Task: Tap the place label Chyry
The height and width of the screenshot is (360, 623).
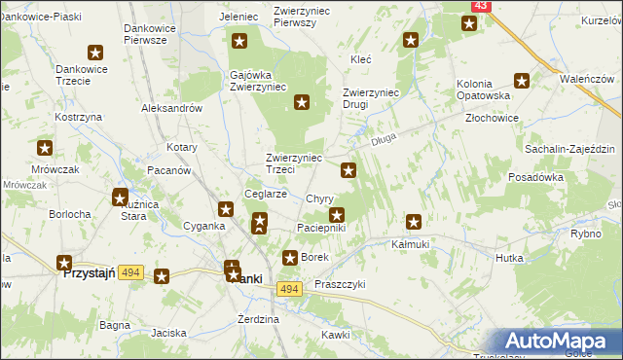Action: [319, 198]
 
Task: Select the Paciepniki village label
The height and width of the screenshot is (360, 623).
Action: [320, 228]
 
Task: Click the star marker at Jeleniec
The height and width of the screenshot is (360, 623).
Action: [239, 42]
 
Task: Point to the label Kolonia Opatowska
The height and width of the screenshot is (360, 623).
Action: [484, 90]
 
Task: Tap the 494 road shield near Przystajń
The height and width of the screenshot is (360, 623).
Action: [131, 274]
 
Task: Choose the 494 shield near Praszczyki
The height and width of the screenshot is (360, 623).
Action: [288, 289]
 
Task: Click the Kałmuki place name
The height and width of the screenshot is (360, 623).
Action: [410, 244]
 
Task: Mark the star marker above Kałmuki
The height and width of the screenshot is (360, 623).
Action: [415, 222]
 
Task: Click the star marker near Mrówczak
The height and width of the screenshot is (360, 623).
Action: [45, 148]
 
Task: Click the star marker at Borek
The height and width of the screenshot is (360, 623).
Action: [290, 258]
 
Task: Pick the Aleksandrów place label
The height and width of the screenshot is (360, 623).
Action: [171, 109]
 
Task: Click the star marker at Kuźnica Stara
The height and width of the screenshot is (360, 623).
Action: [121, 198]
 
